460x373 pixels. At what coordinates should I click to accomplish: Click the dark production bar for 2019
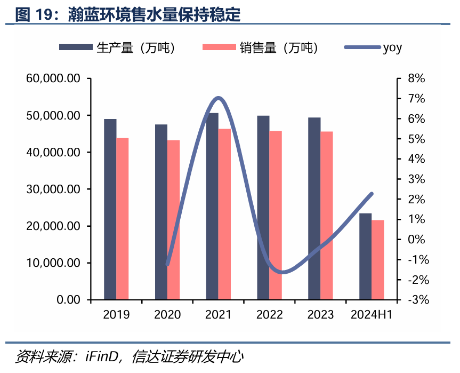point(110,209)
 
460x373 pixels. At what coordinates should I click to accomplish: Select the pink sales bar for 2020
point(174,220)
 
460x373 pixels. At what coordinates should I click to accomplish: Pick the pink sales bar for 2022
point(276,215)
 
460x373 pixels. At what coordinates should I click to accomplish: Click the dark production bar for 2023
point(314,209)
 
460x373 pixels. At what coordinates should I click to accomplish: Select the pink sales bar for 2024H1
point(378,260)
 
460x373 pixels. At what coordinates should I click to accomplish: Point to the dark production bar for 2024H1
point(366,257)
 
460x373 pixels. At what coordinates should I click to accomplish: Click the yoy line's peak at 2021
point(218,98)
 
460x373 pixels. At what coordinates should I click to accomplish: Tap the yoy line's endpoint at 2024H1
point(372,194)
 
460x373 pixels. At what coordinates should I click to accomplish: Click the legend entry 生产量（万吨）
point(117,47)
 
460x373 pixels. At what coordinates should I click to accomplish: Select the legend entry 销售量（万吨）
point(261,47)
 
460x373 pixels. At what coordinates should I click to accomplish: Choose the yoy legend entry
point(373,47)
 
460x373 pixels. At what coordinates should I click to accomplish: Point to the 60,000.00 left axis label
point(53,78)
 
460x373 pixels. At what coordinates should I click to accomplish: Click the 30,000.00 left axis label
point(53,189)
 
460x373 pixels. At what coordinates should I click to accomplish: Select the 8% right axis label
point(416,78)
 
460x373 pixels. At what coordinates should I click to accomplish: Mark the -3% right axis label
point(416,300)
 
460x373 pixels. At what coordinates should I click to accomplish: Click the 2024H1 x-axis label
point(372,315)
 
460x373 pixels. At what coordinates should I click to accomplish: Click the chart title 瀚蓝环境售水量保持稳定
point(155,14)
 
